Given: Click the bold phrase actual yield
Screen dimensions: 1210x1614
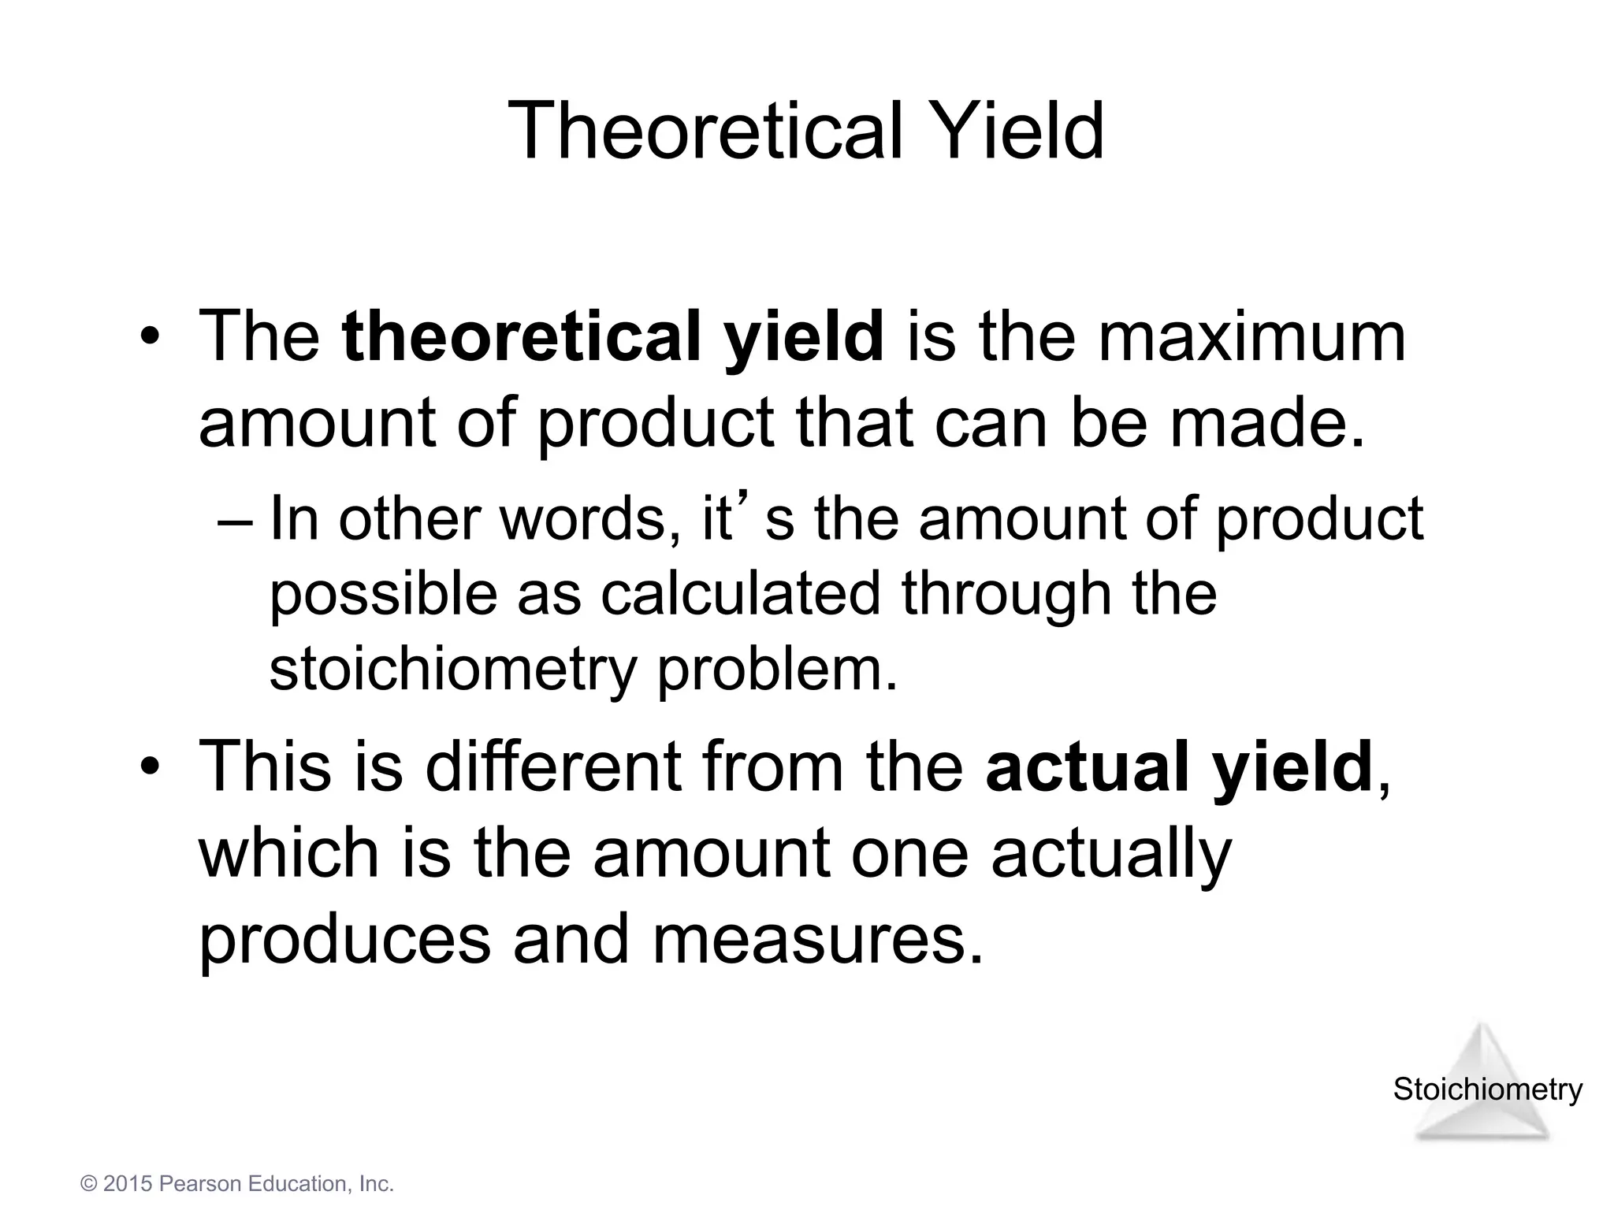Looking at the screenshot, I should click(1179, 767).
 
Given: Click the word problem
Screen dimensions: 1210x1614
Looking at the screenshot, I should click(777, 670).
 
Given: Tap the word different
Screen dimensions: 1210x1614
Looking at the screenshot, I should click(553, 767).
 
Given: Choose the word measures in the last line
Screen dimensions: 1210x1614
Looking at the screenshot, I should click(818, 939).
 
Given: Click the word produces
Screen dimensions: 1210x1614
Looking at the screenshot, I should click(345, 941).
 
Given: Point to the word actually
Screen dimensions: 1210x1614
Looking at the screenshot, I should click(1110, 855).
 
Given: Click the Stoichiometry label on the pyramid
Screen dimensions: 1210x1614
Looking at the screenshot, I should click(1487, 1089).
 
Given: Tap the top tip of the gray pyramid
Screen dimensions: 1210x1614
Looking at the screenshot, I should click(1482, 1026).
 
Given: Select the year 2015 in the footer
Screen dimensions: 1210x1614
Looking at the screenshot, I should click(128, 1184).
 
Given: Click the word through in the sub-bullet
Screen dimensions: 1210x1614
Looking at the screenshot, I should click(1006, 593).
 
